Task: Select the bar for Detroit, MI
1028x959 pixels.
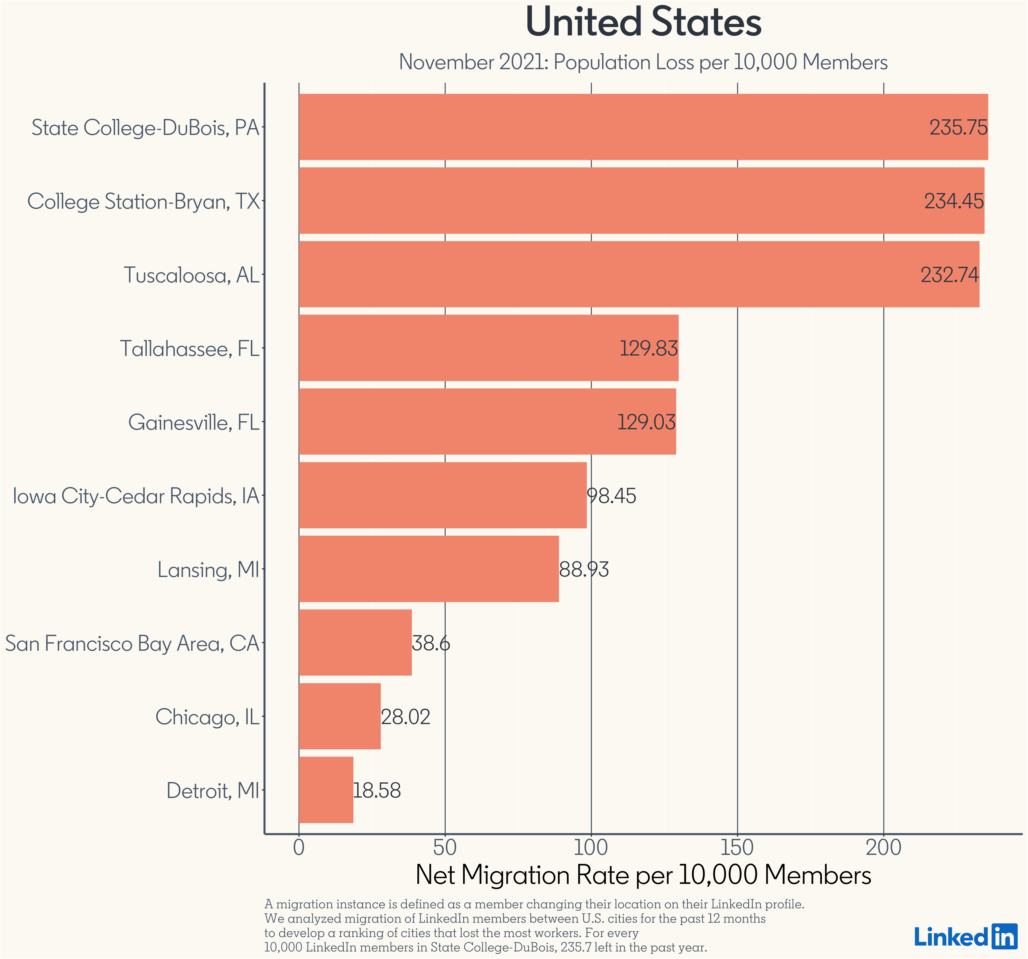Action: (326, 790)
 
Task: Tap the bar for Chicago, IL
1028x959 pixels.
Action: (340, 716)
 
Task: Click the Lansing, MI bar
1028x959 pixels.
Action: (429, 569)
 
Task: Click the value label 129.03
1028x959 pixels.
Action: (646, 422)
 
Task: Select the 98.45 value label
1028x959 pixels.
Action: (612, 496)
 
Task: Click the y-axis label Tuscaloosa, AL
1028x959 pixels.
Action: (191, 276)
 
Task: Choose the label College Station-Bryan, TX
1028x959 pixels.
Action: (143, 202)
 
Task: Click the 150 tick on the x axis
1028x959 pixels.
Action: (737, 848)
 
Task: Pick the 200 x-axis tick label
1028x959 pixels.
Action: (884, 848)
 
